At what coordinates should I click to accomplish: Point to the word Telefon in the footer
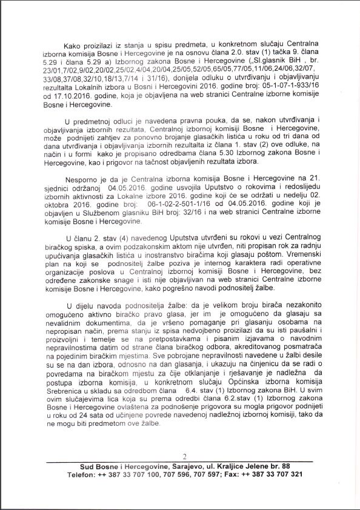tap(81, 474)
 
